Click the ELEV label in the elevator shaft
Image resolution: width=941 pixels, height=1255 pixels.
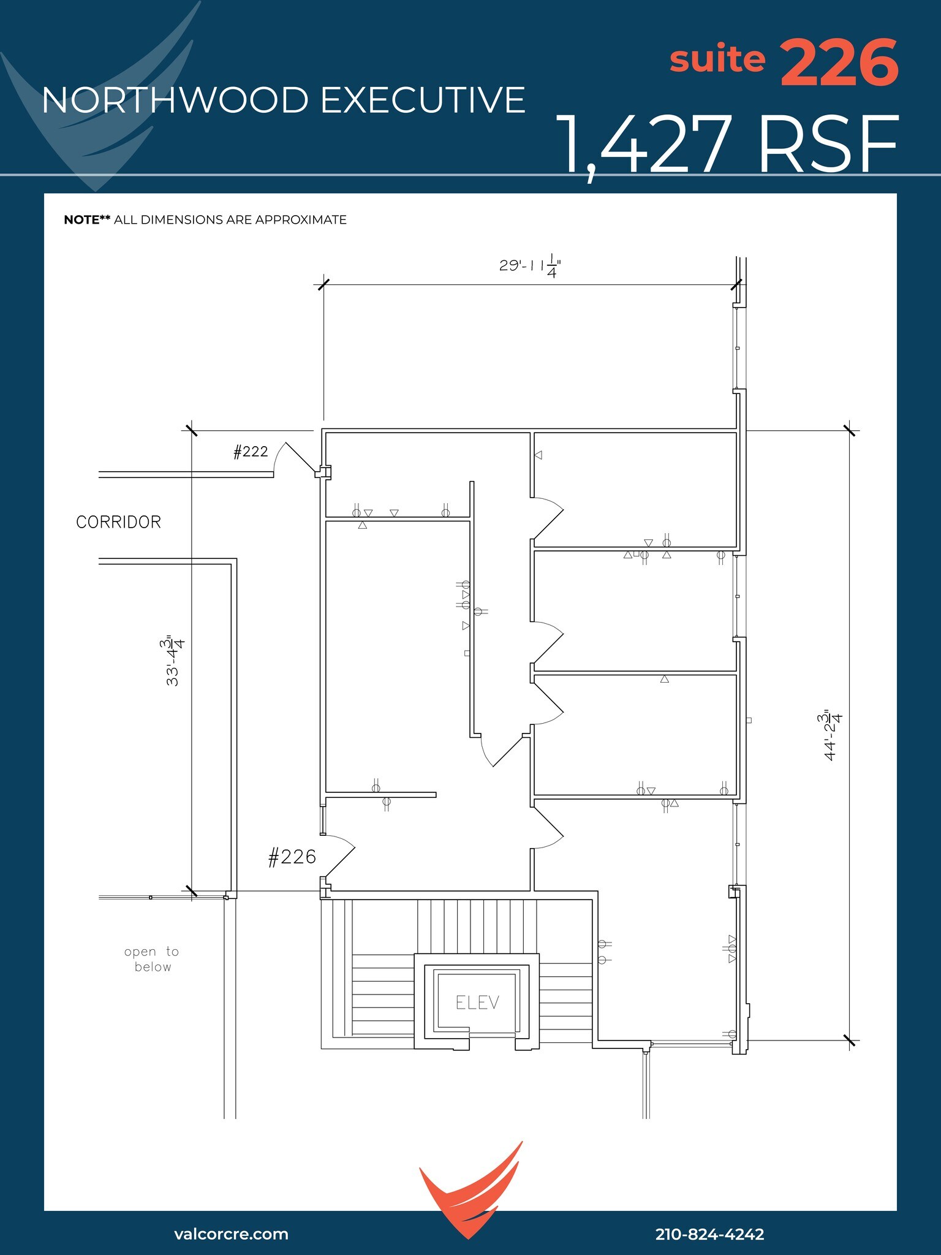pyautogui.click(x=477, y=1003)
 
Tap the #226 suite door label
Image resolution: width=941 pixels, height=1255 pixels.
pyautogui.click(x=292, y=857)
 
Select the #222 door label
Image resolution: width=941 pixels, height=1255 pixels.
pyautogui.click(x=251, y=452)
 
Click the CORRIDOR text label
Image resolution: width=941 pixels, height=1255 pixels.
pyautogui.click(x=118, y=522)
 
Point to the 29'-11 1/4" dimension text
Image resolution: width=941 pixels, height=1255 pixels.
pyautogui.click(x=530, y=267)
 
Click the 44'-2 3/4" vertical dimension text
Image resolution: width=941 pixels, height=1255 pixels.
pyautogui.click(x=833, y=735)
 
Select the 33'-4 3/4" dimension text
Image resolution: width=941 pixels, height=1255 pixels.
pyautogui.click(x=174, y=662)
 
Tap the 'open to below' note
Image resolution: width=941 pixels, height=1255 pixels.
pyautogui.click(x=152, y=959)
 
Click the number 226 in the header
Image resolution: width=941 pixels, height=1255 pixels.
pyautogui.click(x=839, y=63)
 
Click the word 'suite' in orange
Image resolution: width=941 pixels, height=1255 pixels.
pyautogui.click(x=717, y=59)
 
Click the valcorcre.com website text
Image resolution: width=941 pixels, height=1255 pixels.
pyautogui.click(x=231, y=1234)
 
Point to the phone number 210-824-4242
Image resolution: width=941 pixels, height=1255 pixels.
pyautogui.click(x=709, y=1234)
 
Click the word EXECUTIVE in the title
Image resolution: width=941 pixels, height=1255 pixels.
pyautogui.click(x=423, y=100)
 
